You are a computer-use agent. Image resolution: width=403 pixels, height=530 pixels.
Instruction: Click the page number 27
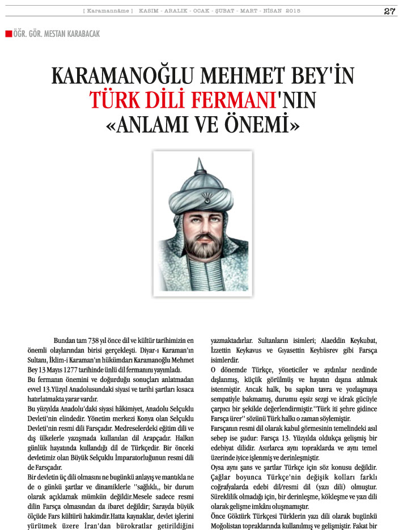click(x=389, y=11)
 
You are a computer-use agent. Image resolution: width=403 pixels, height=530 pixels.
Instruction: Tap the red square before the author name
click(x=8, y=34)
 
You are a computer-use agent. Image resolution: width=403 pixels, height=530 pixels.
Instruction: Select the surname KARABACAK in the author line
click(x=81, y=34)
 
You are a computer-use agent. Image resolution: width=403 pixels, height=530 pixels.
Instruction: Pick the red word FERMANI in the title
click(x=223, y=101)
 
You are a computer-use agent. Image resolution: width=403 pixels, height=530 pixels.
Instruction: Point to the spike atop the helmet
click(x=198, y=166)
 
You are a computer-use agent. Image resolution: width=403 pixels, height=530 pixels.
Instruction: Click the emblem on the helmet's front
click(x=200, y=198)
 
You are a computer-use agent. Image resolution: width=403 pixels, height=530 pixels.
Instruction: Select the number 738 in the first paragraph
click(x=98, y=341)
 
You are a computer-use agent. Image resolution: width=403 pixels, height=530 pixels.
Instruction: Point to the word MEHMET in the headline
click(x=232, y=77)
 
